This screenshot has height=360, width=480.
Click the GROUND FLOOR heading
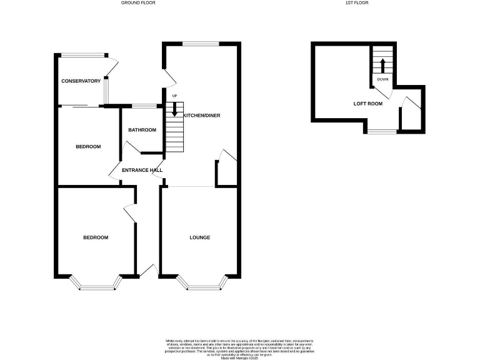[138, 3]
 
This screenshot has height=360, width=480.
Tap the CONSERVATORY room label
[81, 81]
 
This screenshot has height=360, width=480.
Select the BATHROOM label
[142, 130]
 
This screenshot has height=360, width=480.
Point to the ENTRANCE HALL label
[142, 170]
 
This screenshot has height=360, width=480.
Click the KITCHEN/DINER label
[201, 116]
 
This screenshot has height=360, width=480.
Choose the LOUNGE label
[200, 237]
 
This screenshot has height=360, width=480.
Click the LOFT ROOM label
[367, 104]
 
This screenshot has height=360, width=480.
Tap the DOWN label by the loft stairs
[382, 79]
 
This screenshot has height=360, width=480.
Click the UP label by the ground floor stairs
[175, 96]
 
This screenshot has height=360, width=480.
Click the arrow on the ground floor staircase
[175, 110]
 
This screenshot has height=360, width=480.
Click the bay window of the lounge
[200, 286]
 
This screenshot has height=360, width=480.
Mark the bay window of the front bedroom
[96, 286]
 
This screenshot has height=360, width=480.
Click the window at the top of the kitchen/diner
[200, 44]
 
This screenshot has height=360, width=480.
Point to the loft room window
[382, 131]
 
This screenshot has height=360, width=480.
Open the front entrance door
[148, 270]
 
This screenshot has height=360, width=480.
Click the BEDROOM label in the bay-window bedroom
[96, 237]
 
